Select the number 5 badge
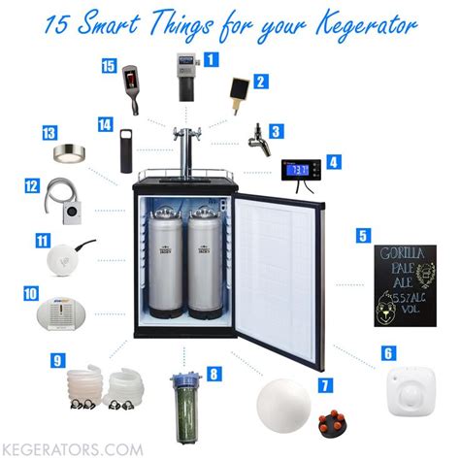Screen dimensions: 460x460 [363, 235]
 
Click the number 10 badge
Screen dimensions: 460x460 [30, 292]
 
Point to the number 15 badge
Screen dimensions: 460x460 [108, 67]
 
